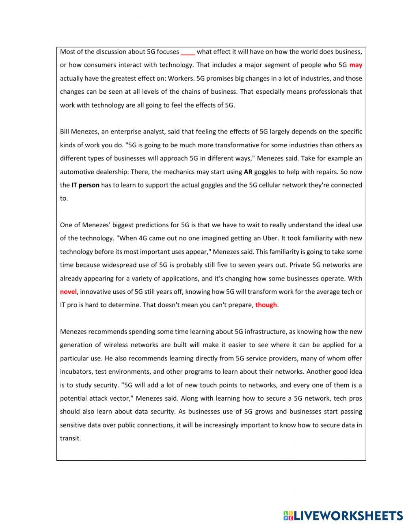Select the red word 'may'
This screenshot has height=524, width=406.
(x=356, y=65)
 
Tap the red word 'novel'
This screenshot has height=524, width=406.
(x=68, y=292)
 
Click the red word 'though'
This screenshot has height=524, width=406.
(x=266, y=305)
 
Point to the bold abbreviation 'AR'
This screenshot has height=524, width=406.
(x=248, y=172)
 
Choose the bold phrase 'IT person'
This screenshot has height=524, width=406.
(x=85, y=185)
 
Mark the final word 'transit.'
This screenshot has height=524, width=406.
(x=71, y=438)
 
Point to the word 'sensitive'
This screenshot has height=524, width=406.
(x=74, y=425)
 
